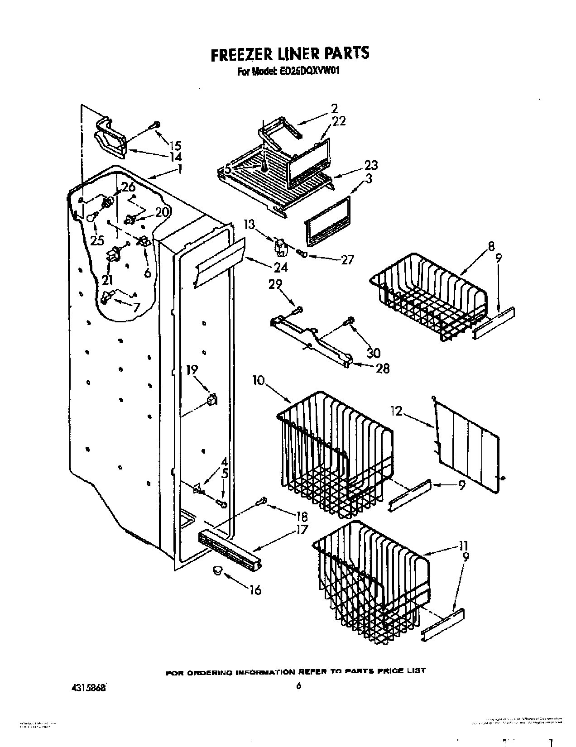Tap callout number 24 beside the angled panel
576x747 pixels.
point(281,267)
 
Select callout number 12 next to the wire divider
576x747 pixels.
point(396,411)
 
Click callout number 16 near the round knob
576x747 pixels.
point(255,590)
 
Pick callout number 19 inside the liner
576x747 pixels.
point(192,370)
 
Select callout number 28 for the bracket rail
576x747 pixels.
point(383,369)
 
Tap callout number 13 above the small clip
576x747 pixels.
point(249,225)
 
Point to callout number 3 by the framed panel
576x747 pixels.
point(369,179)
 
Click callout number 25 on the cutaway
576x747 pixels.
point(97,240)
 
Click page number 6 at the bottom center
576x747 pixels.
point(298,686)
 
